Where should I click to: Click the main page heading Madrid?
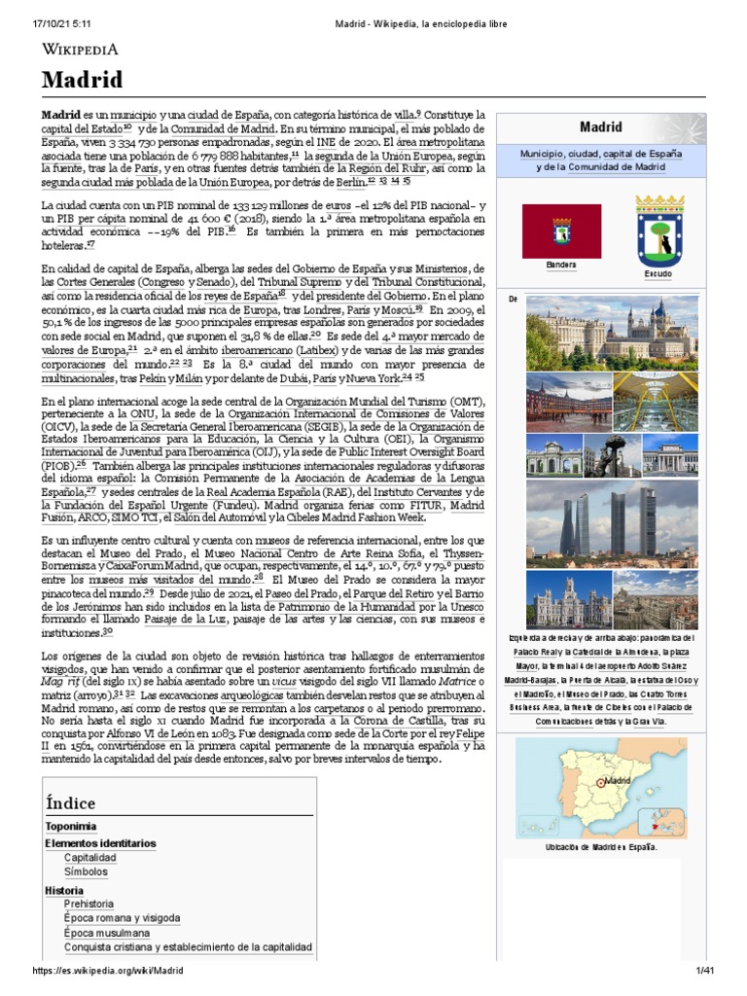[x=82, y=80]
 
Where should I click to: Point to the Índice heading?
[x=70, y=802]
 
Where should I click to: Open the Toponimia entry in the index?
[x=70, y=827]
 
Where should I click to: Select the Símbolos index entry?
[x=87, y=872]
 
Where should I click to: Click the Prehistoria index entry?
[x=89, y=904]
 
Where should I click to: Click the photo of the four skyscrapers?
[x=612, y=521]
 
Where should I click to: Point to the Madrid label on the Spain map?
[x=620, y=781]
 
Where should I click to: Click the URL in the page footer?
[x=108, y=972]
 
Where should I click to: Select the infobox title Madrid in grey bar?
[x=600, y=126]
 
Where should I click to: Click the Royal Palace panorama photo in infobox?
[x=612, y=332]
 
